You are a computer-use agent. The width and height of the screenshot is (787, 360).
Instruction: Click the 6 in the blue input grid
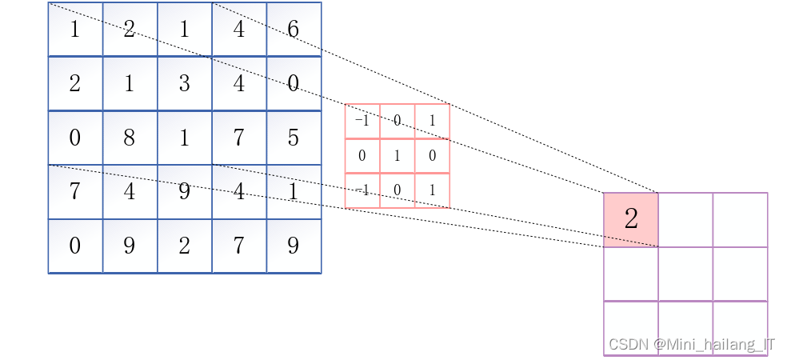click(x=293, y=30)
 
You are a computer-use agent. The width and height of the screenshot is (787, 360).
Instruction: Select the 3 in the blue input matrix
click(x=184, y=83)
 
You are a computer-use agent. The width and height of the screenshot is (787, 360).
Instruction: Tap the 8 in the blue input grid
click(x=130, y=138)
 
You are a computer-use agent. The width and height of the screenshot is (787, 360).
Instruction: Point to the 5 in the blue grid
click(x=293, y=138)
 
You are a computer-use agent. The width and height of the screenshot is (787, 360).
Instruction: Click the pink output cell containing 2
click(x=630, y=219)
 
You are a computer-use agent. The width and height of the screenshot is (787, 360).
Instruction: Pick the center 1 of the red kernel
click(x=397, y=156)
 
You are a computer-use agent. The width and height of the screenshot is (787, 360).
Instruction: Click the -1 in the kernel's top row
click(x=362, y=121)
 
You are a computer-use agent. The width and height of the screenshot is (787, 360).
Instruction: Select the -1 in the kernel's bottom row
click(x=362, y=190)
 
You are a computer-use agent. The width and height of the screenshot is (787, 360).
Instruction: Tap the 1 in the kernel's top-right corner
click(x=432, y=121)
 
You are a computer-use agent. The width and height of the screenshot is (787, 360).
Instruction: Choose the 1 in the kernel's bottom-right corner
click(x=432, y=190)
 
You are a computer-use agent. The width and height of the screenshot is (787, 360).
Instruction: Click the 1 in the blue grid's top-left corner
click(x=75, y=30)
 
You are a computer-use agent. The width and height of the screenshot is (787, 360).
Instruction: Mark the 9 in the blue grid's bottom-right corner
click(x=293, y=246)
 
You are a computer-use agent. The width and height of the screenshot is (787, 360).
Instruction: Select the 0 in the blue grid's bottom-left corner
click(x=75, y=246)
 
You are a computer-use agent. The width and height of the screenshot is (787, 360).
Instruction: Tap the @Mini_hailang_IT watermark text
click(x=714, y=344)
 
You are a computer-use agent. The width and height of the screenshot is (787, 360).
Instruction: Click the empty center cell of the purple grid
click(x=685, y=274)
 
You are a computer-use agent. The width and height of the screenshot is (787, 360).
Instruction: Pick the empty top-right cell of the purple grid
click(x=740, y=219)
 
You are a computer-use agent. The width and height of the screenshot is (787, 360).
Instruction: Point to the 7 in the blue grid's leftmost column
click(x=75, y=192)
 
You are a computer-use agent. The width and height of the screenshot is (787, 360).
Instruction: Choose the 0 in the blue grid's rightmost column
click(x=293, y=83)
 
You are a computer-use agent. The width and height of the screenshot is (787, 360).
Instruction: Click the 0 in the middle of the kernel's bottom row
click(x=397, y=190)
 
